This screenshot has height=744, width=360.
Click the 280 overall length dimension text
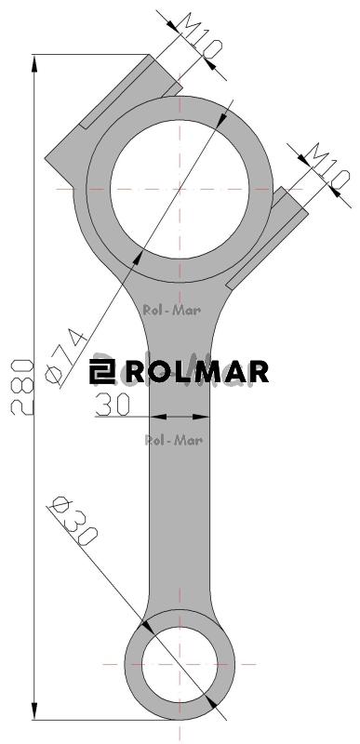click(x=22, y=388)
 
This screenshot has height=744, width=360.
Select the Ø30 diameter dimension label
click(x=74, y=521)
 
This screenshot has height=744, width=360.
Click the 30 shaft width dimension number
click(x=113, y=405)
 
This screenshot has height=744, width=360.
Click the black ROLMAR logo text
click(x=197, y=372)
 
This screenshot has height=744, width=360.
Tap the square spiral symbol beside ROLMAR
click(x=102, y=371)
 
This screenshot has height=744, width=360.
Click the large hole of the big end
click(x=180, y=189)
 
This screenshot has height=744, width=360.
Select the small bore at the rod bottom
click(x=180, y=664)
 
